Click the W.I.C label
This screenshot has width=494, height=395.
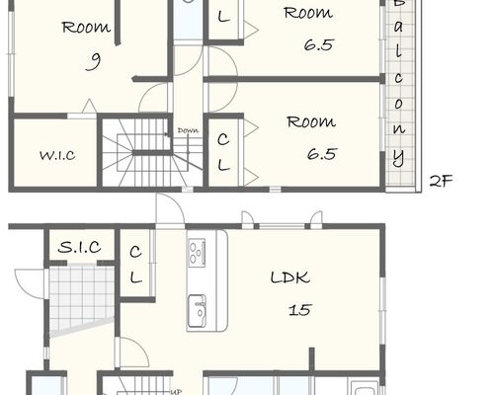click(x=57, y=155)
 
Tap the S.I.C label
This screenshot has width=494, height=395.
click(x=79, y=247)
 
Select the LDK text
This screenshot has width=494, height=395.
click(x=290, y=277)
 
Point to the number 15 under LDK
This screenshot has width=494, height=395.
click(x=300, y=310)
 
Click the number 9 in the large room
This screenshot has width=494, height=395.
click(x=94, y=62)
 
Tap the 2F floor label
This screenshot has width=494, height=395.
click(x=441, y=181)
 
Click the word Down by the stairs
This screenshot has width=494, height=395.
click(x=188, y=130)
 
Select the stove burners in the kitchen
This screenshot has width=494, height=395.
click(x=197, y=252)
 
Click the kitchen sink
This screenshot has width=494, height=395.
click(x=197, y=309)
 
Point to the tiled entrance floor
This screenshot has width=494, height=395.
click(x=81, y=298)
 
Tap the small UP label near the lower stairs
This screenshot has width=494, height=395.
click(x=176, y=392)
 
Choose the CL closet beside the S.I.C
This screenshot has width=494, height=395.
click(x=135, y=265)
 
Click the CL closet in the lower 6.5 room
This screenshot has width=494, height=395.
click(x=223, y=152)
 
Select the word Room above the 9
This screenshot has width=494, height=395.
click(x=86, y=28)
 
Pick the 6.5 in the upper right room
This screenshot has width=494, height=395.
click(x=319, y=44)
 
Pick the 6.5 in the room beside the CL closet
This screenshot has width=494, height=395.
click(x=322, y=154)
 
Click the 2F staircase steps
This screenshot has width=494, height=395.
click(x=151, y=152)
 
